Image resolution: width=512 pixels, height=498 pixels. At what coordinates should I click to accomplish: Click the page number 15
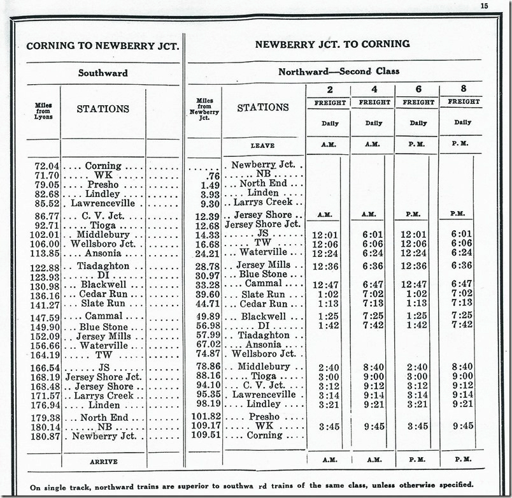(484, 6)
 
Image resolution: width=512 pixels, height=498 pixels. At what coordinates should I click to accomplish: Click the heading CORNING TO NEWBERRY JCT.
(103, 46)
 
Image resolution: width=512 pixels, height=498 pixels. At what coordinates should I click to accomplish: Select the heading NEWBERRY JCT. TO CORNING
(332, 44)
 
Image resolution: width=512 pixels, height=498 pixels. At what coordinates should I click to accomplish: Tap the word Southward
(103, 73)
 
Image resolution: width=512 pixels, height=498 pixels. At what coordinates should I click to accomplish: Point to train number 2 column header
(329, 90)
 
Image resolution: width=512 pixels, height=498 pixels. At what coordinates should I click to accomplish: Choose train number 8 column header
(463, 89)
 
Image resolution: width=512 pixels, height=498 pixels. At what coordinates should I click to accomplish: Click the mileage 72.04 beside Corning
(46, 166)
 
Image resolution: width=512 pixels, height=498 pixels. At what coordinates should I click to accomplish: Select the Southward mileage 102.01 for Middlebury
(46, 235)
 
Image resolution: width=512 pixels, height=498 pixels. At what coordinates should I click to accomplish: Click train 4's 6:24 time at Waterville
(373, 253)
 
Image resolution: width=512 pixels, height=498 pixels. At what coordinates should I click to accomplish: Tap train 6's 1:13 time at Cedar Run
(417, 304)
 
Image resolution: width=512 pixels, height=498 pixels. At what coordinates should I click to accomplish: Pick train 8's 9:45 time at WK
(462, 426)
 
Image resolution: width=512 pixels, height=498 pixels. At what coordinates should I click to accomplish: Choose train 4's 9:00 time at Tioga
(373, 376)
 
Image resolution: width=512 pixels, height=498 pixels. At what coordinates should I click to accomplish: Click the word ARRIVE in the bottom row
(103, 460)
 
